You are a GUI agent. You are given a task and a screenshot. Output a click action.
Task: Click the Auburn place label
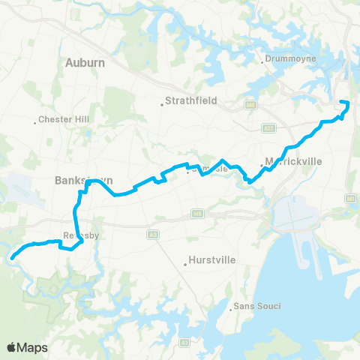(x=85, y=63)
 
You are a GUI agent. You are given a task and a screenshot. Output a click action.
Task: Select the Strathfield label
(x=184, y=104)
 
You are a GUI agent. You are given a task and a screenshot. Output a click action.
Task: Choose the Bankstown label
(x=74, y=181)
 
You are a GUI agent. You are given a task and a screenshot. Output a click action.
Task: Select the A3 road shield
(x=153, y=235)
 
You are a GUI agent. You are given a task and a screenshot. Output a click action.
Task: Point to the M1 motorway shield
(x=350, y=198)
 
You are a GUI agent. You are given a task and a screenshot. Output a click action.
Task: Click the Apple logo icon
(x=11, y=347)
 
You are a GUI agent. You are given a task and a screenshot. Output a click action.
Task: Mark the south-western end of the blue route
(x=12, y=257)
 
